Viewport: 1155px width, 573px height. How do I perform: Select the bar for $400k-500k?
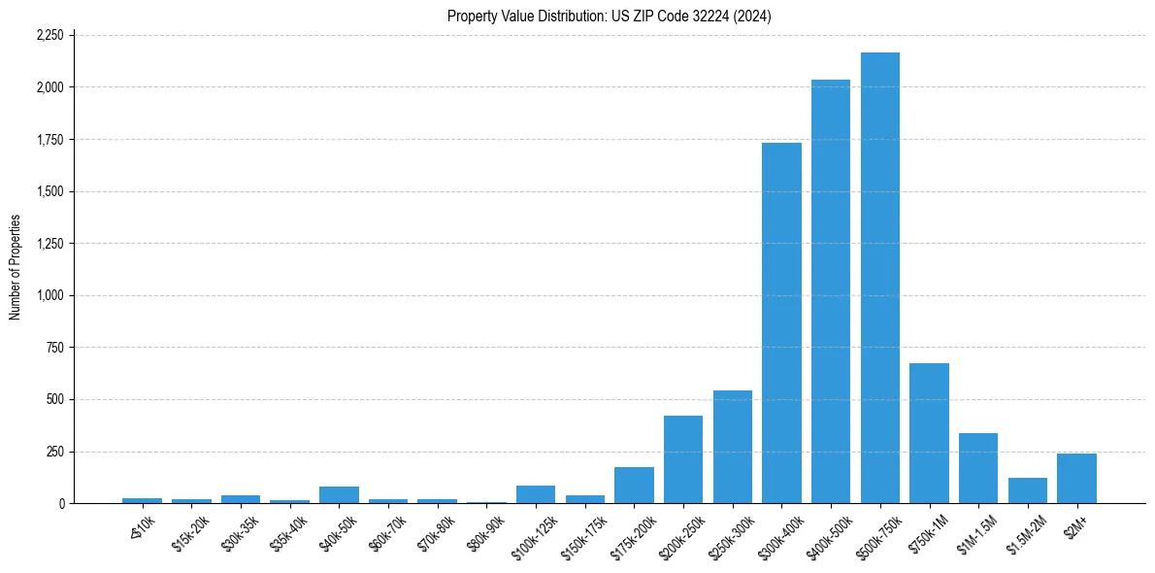pyautogui.click(x=831, y=291)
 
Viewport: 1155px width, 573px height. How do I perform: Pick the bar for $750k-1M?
pyautogui.click(x=929, y=433)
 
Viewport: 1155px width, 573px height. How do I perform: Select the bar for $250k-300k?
pyautogui.click(x=733, y=447)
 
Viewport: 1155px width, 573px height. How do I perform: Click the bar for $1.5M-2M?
pyautogui.click(x=1028, y=490)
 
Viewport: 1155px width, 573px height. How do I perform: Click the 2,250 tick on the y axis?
pyautogui.click(x=49, y=35)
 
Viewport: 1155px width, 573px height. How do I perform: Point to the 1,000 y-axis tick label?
pyautogui.click(x=49, y=295)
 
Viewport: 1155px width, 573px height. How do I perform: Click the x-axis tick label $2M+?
pyautogui.click(x=1075, y=523)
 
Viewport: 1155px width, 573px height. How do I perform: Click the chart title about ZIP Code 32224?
pyautogui.click(x=610, y=17)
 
